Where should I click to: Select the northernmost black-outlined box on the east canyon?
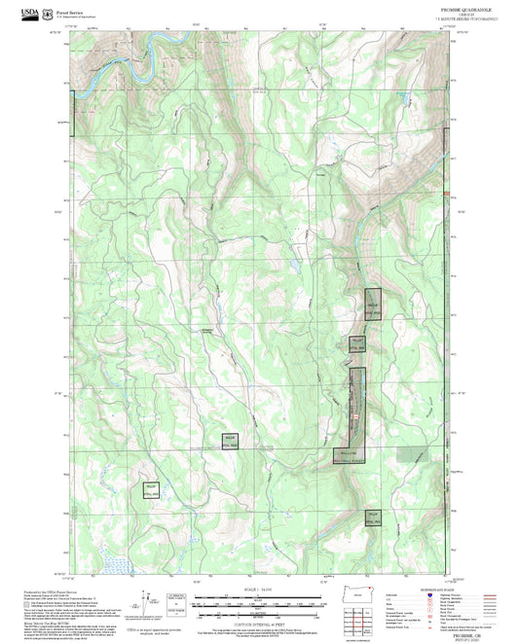coord(373,304)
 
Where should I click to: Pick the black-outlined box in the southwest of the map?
coord(150,490)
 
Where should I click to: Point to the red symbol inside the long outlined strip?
coord(357,418)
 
